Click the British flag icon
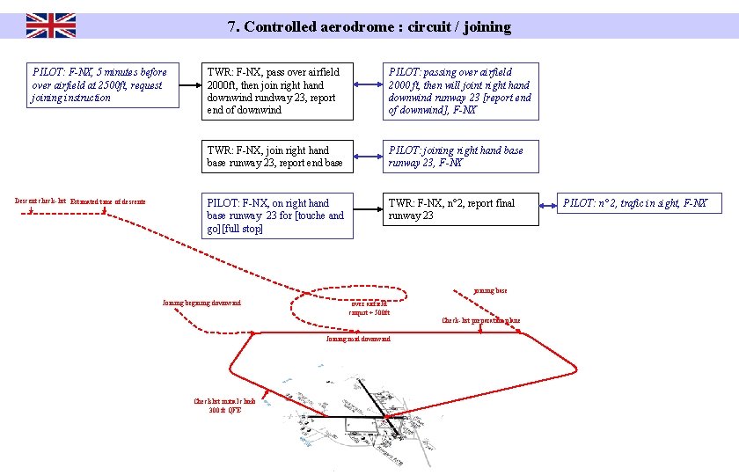[x=50, y=26]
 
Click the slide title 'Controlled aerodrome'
[x=369, y=26]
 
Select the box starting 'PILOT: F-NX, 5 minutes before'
[x=99, y=84]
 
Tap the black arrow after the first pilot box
[x=186, y=85]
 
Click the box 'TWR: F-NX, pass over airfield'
[x=277, y=91]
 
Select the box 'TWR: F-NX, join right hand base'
[x=277, y=157]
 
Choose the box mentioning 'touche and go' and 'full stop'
[x=277, y=216]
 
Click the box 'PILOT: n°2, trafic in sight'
[x=639, y=203]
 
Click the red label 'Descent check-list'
[x=40, y=201]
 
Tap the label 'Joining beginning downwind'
[x=201, y=303]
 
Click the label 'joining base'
[x=490, y=290]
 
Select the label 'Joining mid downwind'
[x=357, y=339]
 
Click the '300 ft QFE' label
[x=224, y=410]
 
